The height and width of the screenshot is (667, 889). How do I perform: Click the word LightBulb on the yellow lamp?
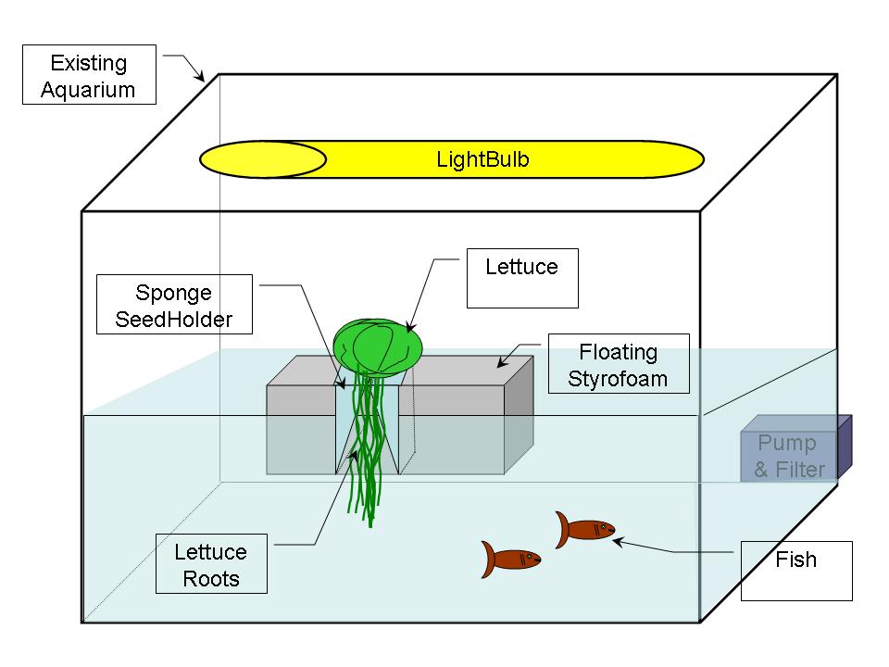[x=482, y=159]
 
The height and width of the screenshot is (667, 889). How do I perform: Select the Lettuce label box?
[x=522, y=278]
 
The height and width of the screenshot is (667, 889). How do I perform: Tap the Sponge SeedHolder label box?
[x=174, y=307]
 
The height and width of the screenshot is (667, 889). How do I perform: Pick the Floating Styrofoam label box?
[x=618, y=365]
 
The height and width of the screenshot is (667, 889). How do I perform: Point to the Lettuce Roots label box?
[x=211, y=565]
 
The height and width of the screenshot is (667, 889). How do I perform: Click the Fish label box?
[x=796, y=571]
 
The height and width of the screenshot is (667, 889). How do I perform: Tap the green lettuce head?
[x=377, y=344]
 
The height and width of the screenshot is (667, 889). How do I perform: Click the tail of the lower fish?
[x=490, y=560]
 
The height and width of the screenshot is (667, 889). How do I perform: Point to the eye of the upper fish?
[x=603, y=527]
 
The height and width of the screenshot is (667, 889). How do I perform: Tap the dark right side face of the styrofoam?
[x=519, y=417]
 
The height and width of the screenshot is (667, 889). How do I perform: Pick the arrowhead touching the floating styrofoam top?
[x=503, y=365]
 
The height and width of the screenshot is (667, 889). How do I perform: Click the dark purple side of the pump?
[x=845, y=447]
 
